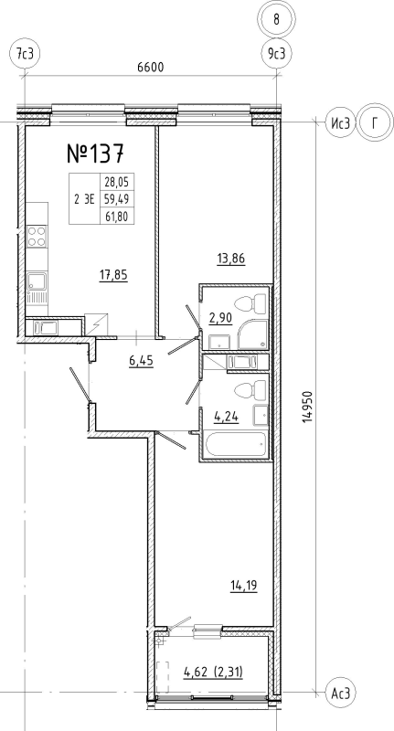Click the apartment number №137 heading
pyautogui.click(x=96, y=154)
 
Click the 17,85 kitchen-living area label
pyautogui.click(x=113, y=275)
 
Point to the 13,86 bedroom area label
pyautogui.click(x=231, y=259)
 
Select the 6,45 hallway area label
pyautogui.click(x=142, y=360)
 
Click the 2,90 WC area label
pyautogui.click(x=221, y=319)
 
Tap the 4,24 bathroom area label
pyautogui.click(x=226, y=417)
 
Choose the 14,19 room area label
pyautogui.click(x=244, y=585)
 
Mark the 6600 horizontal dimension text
pyautogui.click(x=151, y=67)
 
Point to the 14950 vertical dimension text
pyautogui.click(x=307, y=407)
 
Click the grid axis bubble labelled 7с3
pyautogui.click(x=25, y=54)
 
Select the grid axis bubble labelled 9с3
pyautogui.click(x=276, y=54)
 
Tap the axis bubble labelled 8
pyautogui.click(x=276, y=20)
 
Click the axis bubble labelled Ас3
pyautogui.click(x=340, y=694)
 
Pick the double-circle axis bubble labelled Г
pyautogui.click(x=375, y=123)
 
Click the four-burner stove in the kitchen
pyautogui.click(x=37, y=236)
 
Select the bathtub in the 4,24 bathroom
pyautogui.click(x=236, y=446)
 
